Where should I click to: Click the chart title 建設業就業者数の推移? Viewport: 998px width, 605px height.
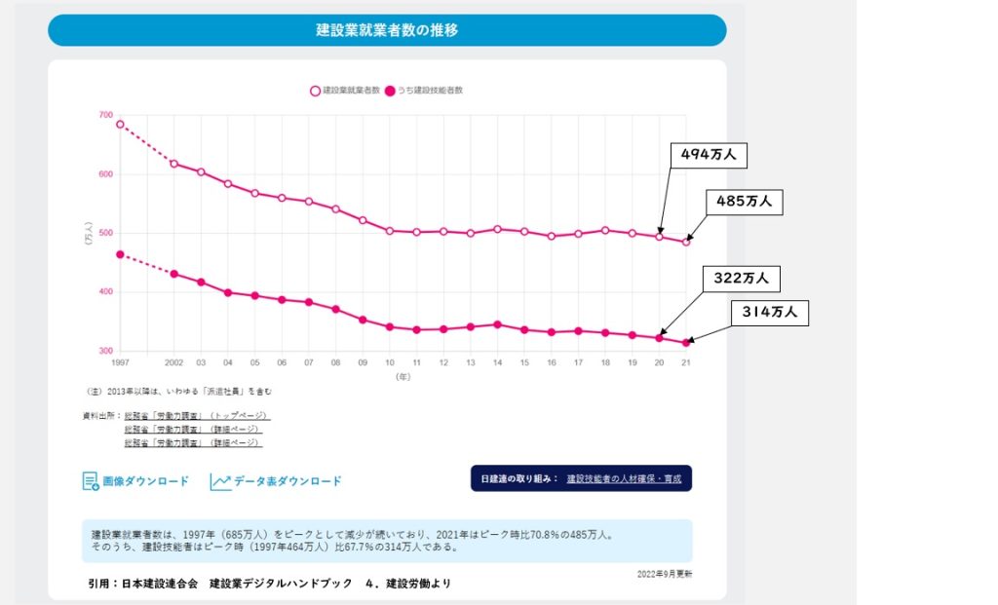387,30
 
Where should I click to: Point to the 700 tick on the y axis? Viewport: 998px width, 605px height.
105,115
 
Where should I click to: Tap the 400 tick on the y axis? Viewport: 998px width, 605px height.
105,292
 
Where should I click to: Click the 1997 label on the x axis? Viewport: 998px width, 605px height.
120,362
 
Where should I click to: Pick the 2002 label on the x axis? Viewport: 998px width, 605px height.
173,362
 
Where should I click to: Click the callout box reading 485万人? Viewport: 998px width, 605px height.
746,202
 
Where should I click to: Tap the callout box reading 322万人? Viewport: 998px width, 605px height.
742,279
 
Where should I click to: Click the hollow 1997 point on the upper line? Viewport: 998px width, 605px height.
120,125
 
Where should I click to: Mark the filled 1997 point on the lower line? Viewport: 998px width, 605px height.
120,254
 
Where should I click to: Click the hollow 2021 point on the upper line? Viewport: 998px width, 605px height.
686,242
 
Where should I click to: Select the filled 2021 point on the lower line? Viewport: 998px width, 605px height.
686,342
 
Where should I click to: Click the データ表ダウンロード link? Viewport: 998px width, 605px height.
276,481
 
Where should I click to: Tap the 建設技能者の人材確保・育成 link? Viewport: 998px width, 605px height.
624,478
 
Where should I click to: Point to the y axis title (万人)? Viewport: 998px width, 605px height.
88,234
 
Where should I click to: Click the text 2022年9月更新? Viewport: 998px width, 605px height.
664,573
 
